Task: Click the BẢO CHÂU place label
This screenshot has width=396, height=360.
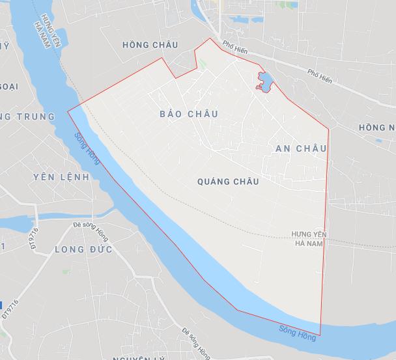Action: pyautogui.click(x=188, y=114)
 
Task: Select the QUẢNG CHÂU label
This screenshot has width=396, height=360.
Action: pyautogui.click(x=227, y=182)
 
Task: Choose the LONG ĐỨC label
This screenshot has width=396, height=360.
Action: pyautogui.click(x=83, y=249)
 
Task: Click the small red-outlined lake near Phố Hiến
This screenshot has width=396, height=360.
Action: pyautogui.click(x=265, y=83)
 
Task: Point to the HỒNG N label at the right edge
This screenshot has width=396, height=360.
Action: pyautogui.click(x=376, y=127)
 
